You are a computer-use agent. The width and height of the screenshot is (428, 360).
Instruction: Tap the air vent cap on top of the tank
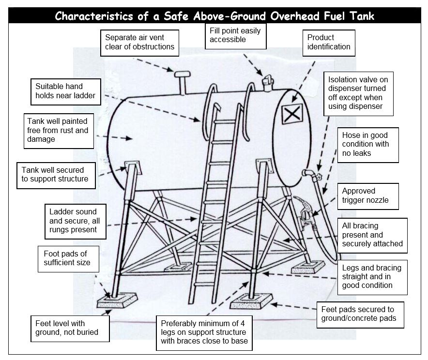183,74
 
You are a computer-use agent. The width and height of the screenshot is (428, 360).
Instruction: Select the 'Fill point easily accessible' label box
235,35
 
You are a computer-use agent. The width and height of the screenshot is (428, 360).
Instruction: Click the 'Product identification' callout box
329,43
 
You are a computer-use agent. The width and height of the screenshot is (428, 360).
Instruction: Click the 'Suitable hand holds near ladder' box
65,91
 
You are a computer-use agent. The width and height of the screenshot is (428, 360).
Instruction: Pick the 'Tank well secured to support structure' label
57,175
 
